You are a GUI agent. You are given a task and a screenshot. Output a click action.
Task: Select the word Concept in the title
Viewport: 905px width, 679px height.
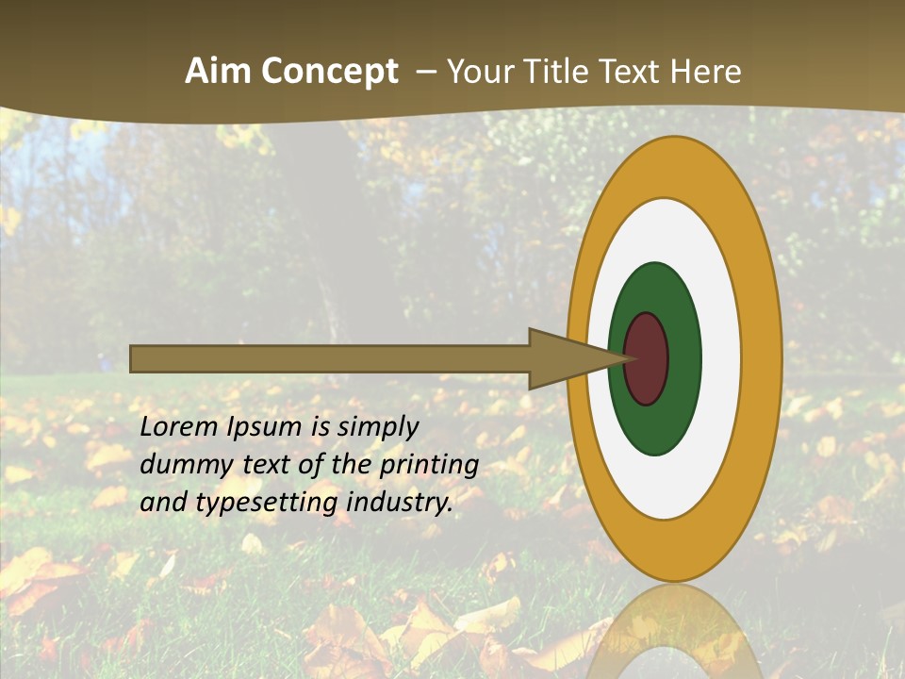point(330,73)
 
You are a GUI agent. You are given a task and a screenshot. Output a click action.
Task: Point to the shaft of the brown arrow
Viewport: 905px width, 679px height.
point(330,358)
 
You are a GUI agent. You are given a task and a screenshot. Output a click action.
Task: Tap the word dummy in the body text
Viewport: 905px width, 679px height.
point(179,465)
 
